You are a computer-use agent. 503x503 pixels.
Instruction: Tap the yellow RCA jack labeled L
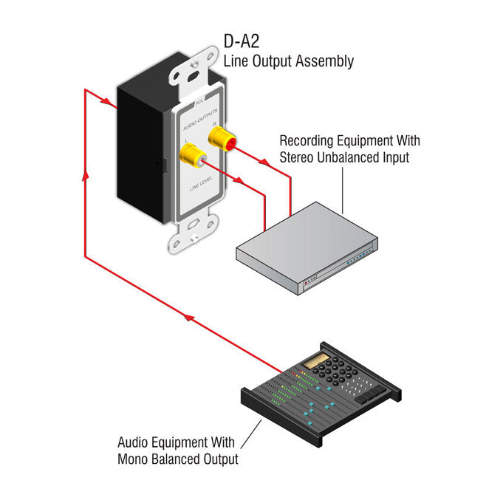click(192, 156)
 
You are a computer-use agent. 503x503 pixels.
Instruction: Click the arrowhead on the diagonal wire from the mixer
click(189, 318)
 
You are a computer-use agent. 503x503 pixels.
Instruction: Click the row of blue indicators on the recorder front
click(356, 258)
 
